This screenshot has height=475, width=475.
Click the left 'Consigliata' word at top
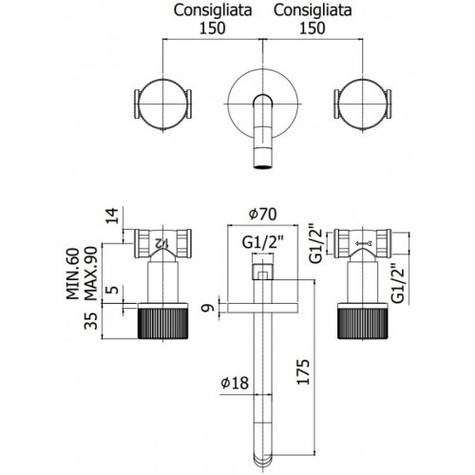(x=213, y=10)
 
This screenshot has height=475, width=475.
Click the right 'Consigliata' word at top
(x=313, y=10)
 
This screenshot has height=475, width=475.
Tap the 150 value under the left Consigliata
(x=212, y=28)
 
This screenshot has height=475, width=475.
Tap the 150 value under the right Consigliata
(x=313, y=28)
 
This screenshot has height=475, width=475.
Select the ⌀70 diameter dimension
(x=262, y=214)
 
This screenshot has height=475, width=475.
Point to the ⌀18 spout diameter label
(x=235, y=383)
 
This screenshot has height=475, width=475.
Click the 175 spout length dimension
(x=303, y=371)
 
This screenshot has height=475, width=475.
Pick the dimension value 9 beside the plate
(x=209, y=308)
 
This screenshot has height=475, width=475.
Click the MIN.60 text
(x=73, y=274)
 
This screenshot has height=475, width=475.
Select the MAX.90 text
(x=90, y=274)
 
